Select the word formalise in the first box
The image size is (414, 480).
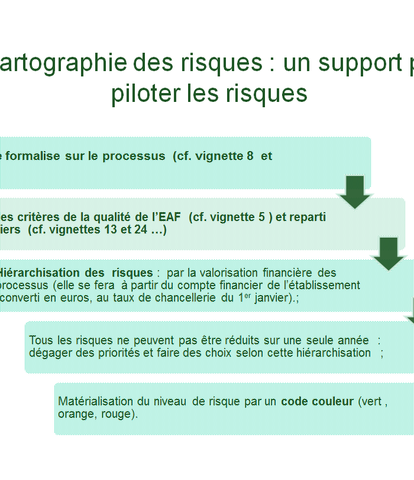[x=33, y=156]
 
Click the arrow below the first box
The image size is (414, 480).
[x=355, y=192]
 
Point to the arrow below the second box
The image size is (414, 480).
[x=389, y=254]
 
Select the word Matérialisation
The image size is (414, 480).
[x=95, y=401]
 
